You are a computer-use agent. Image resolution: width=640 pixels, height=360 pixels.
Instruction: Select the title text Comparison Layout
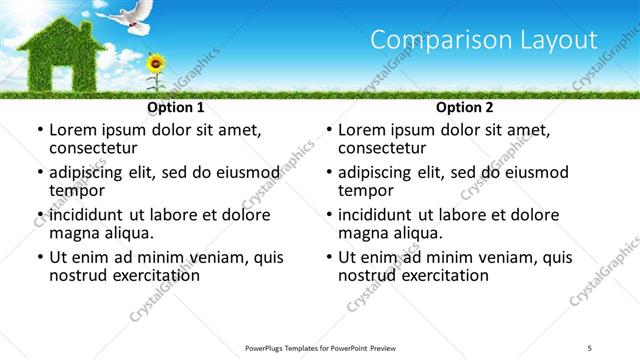[x=484, y=40]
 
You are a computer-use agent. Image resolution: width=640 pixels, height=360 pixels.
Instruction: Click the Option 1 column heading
[x=176, y=107]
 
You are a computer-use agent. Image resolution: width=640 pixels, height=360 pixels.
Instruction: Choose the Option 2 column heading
[x=464, y=107]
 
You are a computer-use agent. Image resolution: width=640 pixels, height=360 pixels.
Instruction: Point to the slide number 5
[x=590, y=347]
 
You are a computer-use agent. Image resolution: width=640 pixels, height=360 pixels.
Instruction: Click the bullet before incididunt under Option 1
[x=39, y=216]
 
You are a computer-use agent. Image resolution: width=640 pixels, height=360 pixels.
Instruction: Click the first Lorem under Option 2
[x=363, y=130]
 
